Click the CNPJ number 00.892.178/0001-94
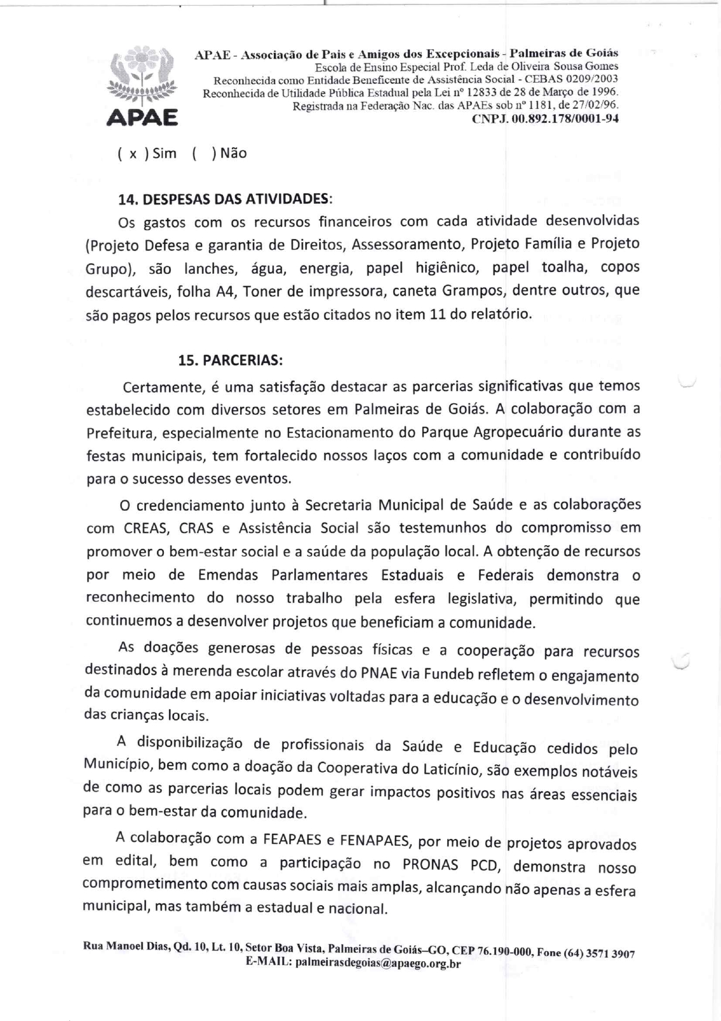tap(545, 119)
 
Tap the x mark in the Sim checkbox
tap(133, 154)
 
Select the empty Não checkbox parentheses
tap(204, 154)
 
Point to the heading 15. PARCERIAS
tap(230, 360)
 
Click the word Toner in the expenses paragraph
tap(263, 291)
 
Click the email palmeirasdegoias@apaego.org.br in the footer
tap(378, 963)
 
